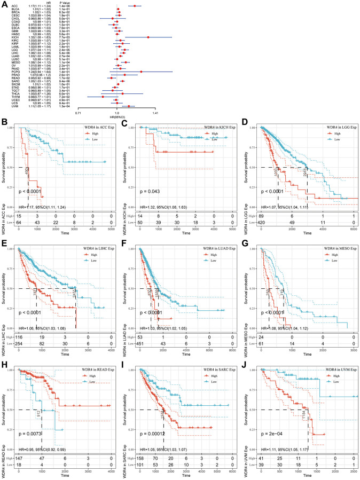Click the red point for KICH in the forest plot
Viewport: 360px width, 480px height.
click(x=148, y=37)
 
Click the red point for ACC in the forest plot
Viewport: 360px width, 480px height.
click(x=135, y=6)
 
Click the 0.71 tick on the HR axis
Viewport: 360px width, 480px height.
click(x=79, y=113)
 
